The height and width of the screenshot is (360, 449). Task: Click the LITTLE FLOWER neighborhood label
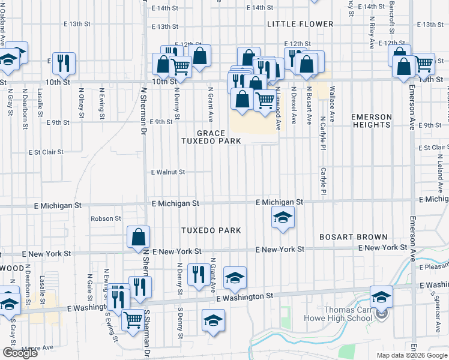tap(300, 24)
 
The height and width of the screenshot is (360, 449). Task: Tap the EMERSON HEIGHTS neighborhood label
tap(372, 121)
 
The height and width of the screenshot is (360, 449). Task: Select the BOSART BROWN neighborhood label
tap(354, 237)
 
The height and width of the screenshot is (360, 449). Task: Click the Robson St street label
tap(106, 218)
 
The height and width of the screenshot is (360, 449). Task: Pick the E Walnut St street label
tap(168, 172)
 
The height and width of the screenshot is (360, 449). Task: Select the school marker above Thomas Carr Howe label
tap(381, 296)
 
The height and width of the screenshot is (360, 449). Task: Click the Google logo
tap(20, 353)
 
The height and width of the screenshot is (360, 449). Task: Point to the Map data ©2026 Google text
tap(411, 355)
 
